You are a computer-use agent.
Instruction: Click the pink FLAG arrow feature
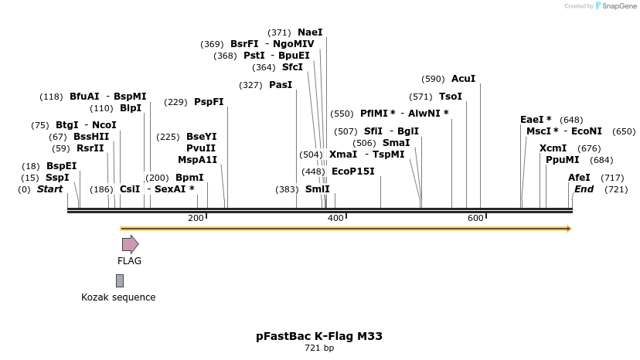tap(130, 244)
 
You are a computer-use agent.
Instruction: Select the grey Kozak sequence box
tap(120, 280)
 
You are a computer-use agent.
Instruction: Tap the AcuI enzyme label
tap(463, 79)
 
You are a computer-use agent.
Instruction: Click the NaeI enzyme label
tap(310, 32)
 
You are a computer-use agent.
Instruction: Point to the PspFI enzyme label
tap(209, 102)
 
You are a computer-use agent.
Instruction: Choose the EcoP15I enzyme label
tap(352, 172)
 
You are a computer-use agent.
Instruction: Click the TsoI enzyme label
tap(450, 97)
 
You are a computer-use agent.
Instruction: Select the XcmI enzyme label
tap(553, 148)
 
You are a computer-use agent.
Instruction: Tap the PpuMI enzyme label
tap(562, 160)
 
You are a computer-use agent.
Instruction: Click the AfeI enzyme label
tap(579, 178)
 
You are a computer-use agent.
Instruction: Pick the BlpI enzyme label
tap(131, 108)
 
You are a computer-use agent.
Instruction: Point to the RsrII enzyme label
tap(90, 148)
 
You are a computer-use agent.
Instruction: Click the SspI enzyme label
tap(57, 178)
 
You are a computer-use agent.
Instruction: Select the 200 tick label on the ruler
tap(196, 219)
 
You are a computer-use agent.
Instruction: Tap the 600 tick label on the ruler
tap(475, 219)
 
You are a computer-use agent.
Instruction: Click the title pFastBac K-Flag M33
tap(319, 336)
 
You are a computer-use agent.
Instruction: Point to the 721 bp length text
tap(319, 348)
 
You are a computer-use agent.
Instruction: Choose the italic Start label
tap(49, 189)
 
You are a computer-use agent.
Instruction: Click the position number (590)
tap(433, 79)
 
